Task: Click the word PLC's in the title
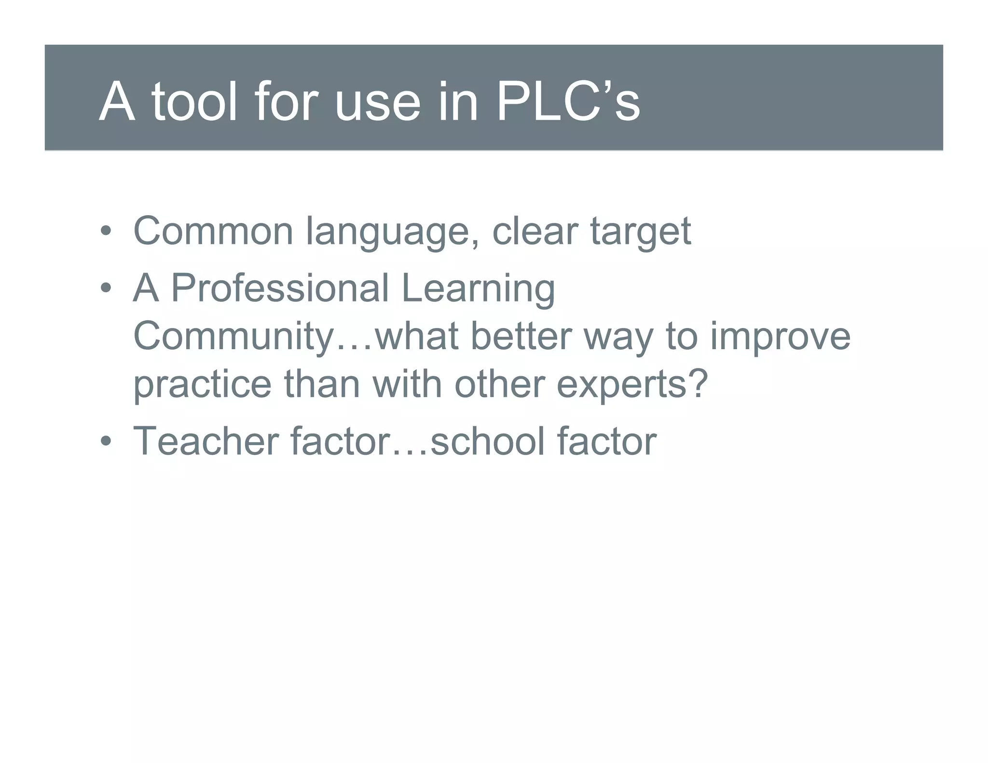(568, 102)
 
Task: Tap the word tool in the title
(194, 102)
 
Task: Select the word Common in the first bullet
(213, 231)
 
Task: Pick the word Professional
(280, 288)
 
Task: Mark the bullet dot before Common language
(106, 231)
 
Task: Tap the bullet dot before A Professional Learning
(106, 288)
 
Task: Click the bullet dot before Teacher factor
(106, 441)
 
